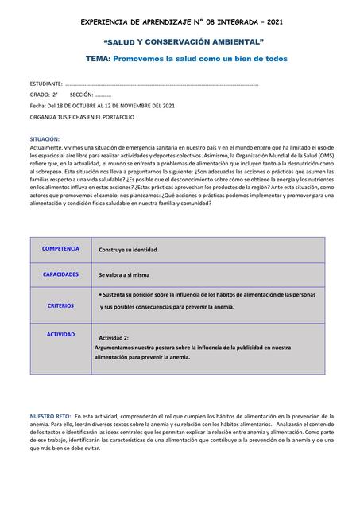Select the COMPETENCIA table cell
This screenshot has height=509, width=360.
pos(60,249)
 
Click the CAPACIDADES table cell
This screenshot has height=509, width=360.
pos(60,274)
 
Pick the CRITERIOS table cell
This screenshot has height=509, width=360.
pos(60,305)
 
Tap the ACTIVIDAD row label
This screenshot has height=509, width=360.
pos(60,335)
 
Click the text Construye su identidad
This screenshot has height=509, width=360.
pos(128,250)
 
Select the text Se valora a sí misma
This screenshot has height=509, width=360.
pos(124,275)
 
